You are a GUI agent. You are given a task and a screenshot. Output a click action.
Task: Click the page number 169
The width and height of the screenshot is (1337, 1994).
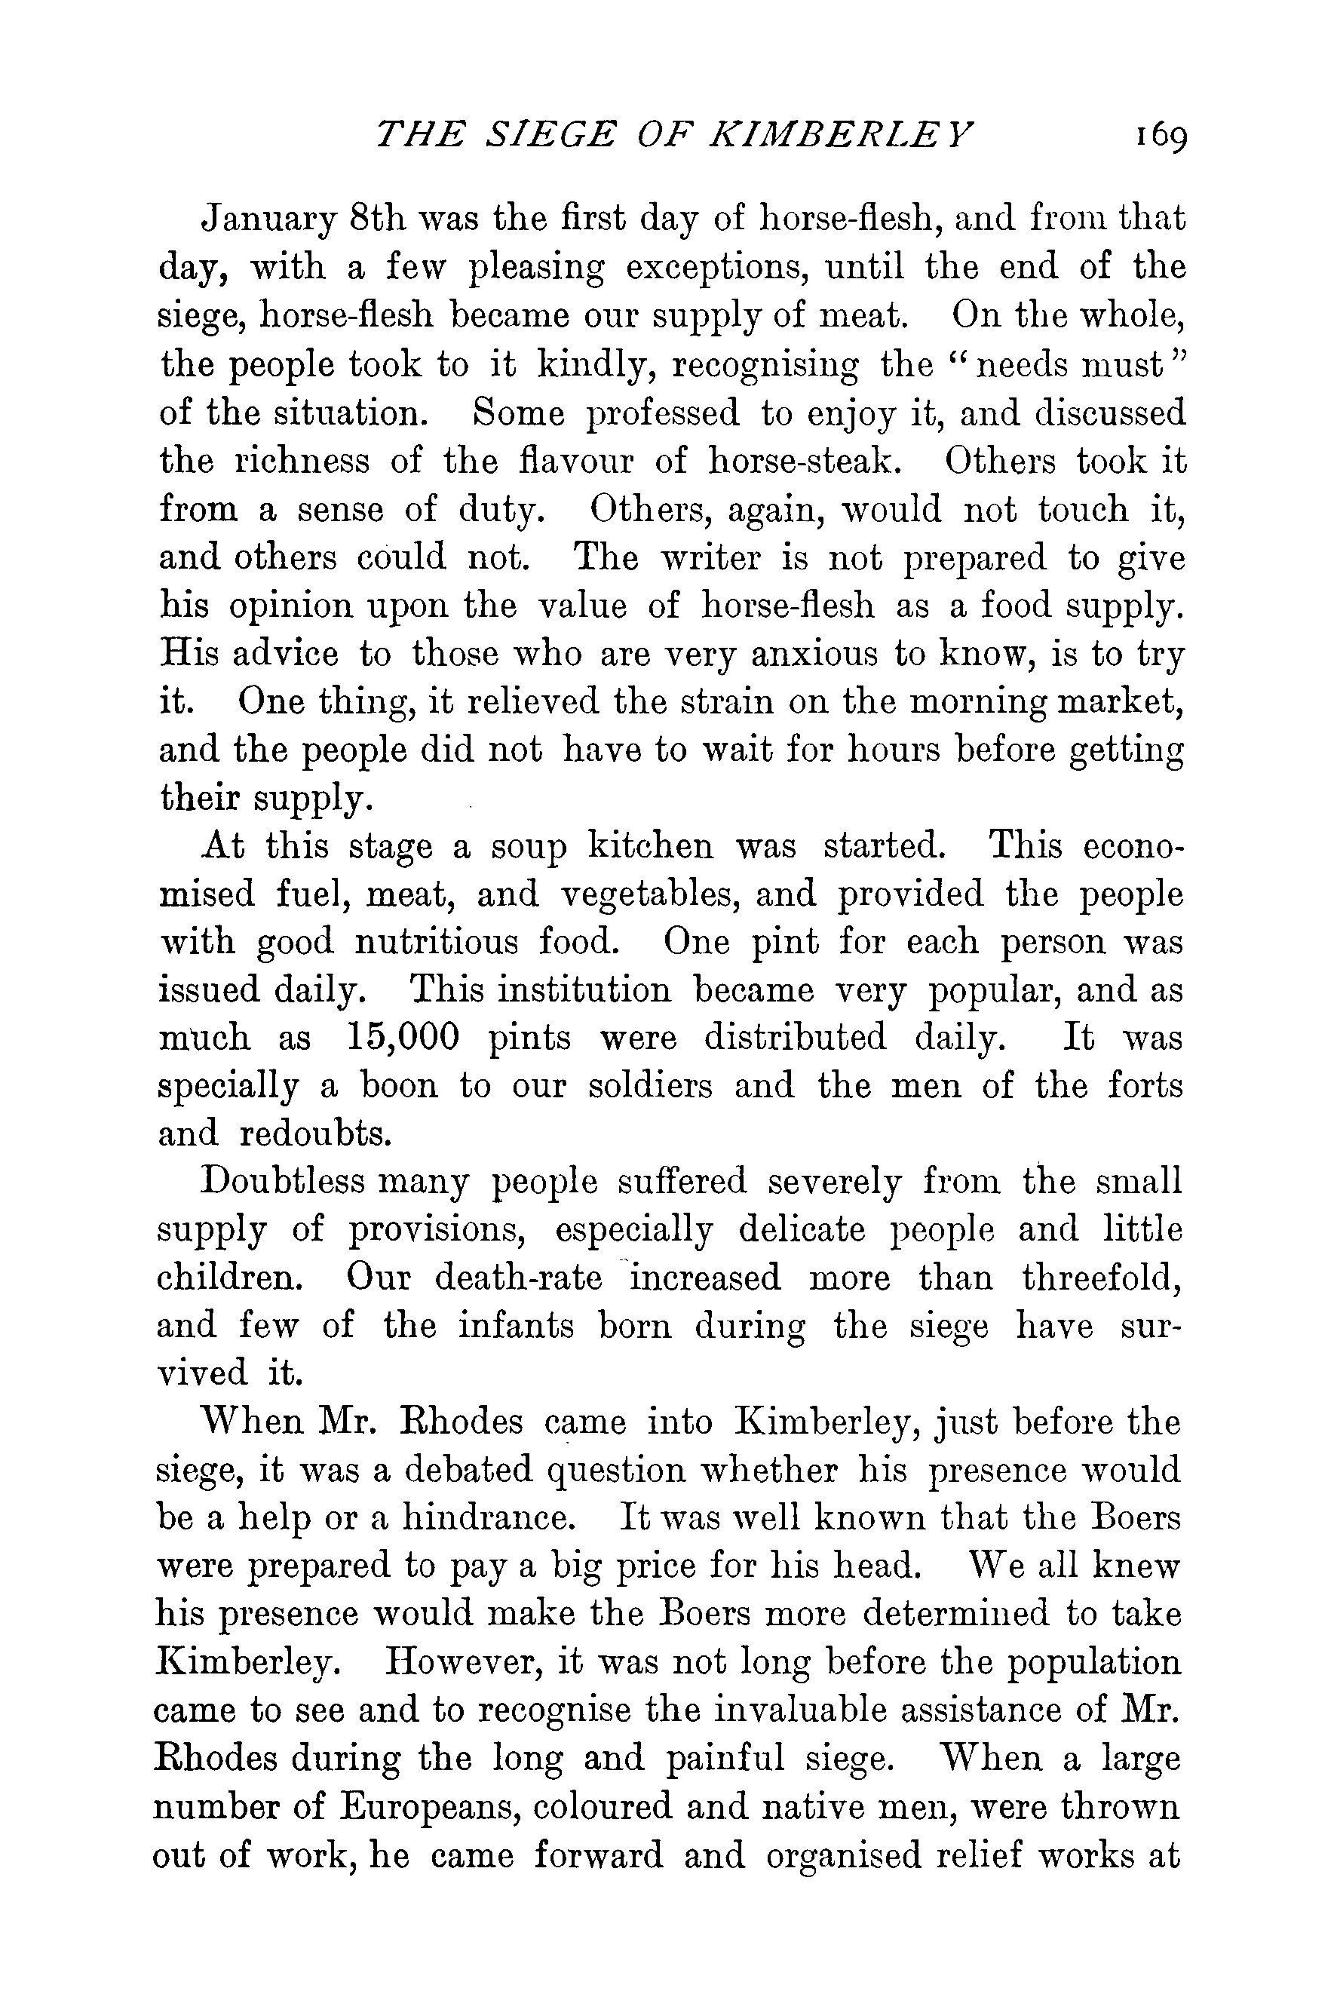1161,137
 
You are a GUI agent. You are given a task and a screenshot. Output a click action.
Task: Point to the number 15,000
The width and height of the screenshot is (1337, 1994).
404,1038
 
